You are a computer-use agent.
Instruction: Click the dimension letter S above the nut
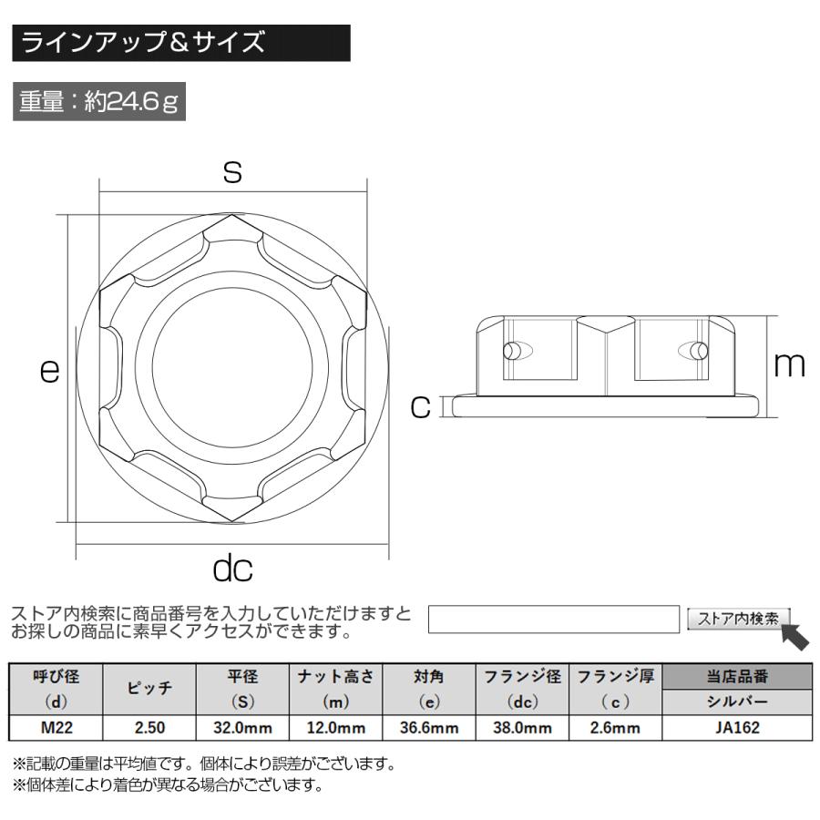pyautogui.click(x=233, y=171)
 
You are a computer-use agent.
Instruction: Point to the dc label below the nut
pyautogui.click(x=232, y=569)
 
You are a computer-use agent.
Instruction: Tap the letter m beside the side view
pyautogui.click(x=789, y=364)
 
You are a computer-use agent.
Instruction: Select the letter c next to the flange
pyautogui.click(x=419, y=406)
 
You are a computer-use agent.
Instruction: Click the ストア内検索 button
pyautogui.click(x=738, y=619)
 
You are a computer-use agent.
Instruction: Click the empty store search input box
pyautogui.click(x=554, y=619)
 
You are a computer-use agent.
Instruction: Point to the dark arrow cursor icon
pyautogui.click(x=795, y=636)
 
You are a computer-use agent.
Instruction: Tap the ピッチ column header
pyautogui.click(x=149, y=690)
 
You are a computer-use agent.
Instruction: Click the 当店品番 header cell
pyautogui.click(x=736, y=677)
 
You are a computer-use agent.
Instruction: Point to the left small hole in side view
pyautogui.click(x=513, y=351)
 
